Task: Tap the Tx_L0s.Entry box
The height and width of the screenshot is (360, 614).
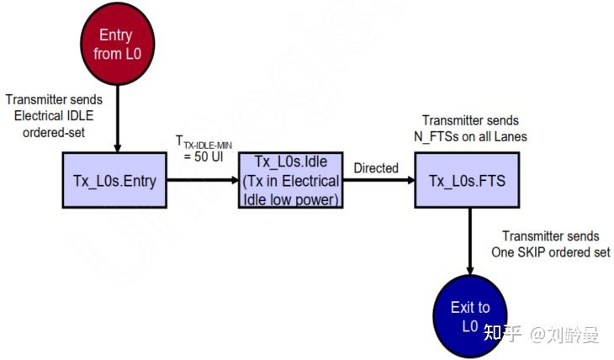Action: (x=115, y=181)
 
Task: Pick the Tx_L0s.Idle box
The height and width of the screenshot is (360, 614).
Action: (x=290, y=181)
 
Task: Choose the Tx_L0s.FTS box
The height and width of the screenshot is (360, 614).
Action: (x=467, y=181)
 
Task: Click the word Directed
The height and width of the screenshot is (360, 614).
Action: (x=375, y=168)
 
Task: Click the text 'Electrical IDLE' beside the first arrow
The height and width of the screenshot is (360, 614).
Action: (x=50, y=115)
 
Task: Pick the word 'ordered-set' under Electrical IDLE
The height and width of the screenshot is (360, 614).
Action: (x=50, y=131)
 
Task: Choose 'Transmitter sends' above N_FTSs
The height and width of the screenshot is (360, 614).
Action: (x=470, y=120)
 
